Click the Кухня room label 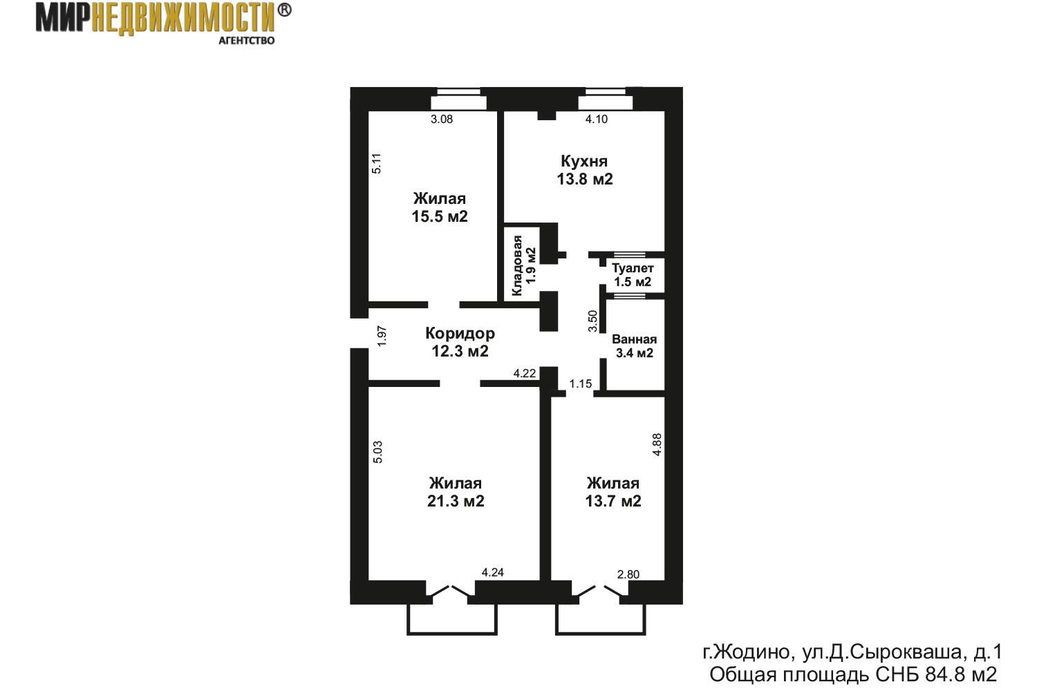[584, 161]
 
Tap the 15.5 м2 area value [440, 216]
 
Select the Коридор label [460, 333]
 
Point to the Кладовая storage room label [517, 265]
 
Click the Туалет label [633, 268]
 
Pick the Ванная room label [634, 339]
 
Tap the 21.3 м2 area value [456, 501]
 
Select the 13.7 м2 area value [613, 501]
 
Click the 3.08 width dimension [442, 120]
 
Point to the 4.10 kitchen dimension [596, 120]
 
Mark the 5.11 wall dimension [377, 163]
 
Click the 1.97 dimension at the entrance [382, 336]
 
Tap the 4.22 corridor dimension [525, 374]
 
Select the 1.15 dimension [581, 384]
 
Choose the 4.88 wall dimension [657, 445]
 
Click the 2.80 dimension [628, 574]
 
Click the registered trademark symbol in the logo [284, 10]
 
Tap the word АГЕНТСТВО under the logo [246, 41]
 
